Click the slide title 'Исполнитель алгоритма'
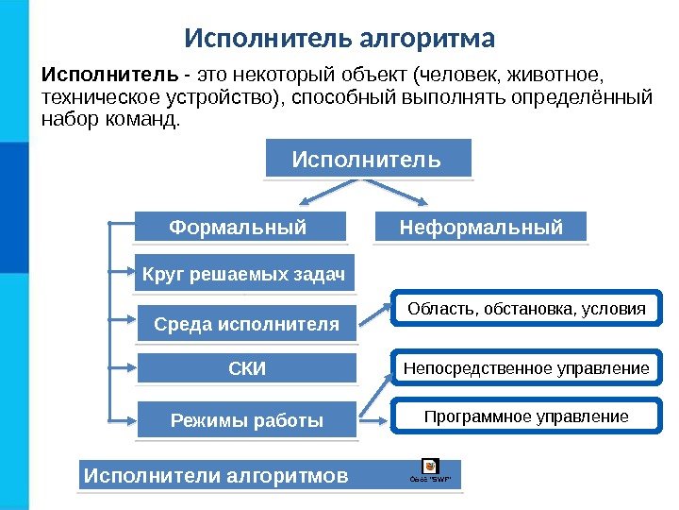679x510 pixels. click(x=339, y=40)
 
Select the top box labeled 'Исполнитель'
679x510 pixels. click(x=367, y=159)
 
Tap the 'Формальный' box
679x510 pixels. click(x=238, y=228)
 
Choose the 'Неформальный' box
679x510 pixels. click(x=481, y=228)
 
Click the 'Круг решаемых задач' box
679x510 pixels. click(x=244, y=276)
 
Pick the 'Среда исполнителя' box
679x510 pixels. click(x=246, y=324)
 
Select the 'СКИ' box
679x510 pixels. click(x=247, y=369)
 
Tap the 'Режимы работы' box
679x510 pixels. click(x=247, y=420)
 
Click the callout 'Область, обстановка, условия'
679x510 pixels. click(x=526, y=309)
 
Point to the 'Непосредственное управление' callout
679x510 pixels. click(x=526, y=368)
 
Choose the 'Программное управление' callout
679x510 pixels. click(x=526, y=416)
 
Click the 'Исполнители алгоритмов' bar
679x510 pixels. click(x=217, y=475)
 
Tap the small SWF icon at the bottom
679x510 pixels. click(x=429, y=467)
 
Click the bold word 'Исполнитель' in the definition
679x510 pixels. click(x=107, y=74)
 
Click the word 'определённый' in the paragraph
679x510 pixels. click(x=593, y=97)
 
